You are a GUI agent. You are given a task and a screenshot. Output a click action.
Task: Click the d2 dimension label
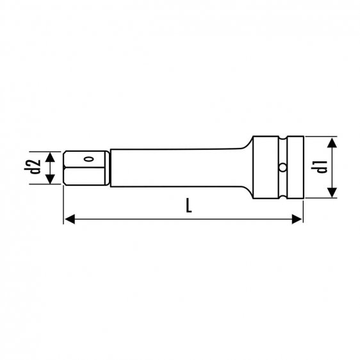(36, 167)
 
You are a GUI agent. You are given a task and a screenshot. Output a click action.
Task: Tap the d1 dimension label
(322, 167)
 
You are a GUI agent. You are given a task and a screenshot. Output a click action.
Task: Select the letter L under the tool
(188, 206)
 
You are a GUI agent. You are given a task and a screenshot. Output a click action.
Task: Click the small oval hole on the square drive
(90, 159)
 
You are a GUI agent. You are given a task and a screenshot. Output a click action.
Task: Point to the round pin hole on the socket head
(282, 168)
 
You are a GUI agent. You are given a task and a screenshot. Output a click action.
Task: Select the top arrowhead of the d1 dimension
(331, 140)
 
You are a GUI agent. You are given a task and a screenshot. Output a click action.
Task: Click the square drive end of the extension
(86, 168)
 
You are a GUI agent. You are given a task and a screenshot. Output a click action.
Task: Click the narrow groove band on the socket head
(282, 154)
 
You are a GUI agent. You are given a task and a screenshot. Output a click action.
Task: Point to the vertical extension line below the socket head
(302, 211)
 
